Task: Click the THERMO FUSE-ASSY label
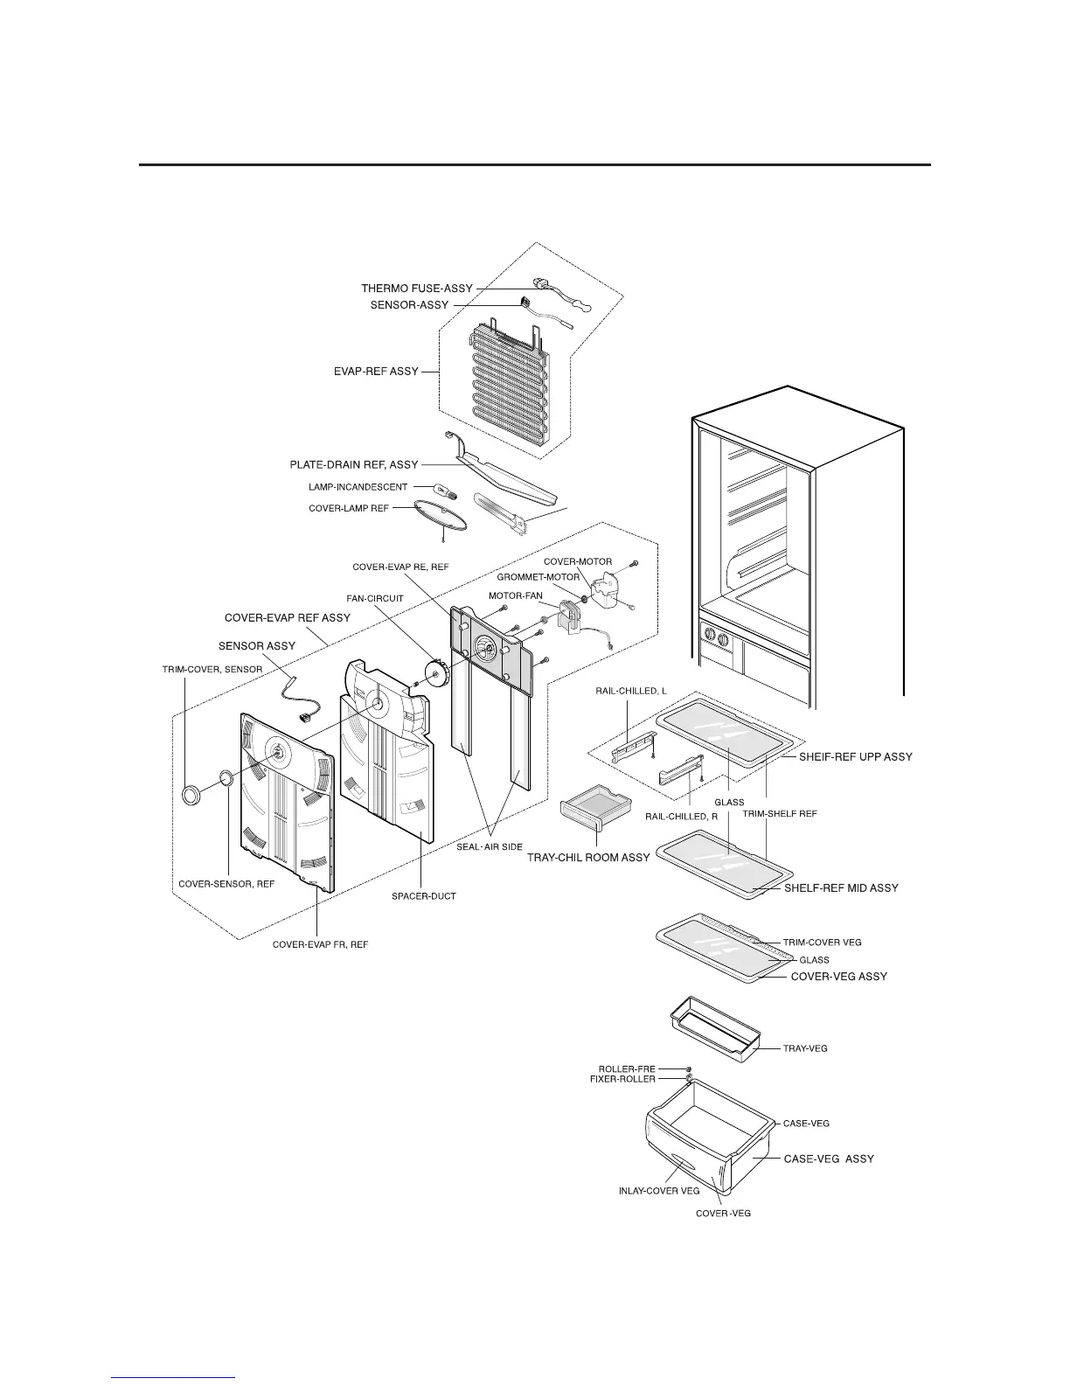click(x=416, y=289)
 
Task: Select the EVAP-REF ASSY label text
click(x=376, y=372)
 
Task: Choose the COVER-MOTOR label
click(x=578, y=561)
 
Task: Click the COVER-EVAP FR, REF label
click(x=320, y=945)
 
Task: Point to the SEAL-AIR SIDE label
click(x=490, y=847)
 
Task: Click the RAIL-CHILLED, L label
click(x=637, y=691)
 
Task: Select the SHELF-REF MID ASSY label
click(x=841, y=888)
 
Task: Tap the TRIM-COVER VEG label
click(x=822, y=943)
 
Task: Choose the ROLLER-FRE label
click(x=626, y=1069)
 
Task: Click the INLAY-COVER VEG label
click(x=658, y=1192)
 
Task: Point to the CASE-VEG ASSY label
click(x=829, y=1159)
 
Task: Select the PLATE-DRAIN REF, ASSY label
click(x=354, y=465)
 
